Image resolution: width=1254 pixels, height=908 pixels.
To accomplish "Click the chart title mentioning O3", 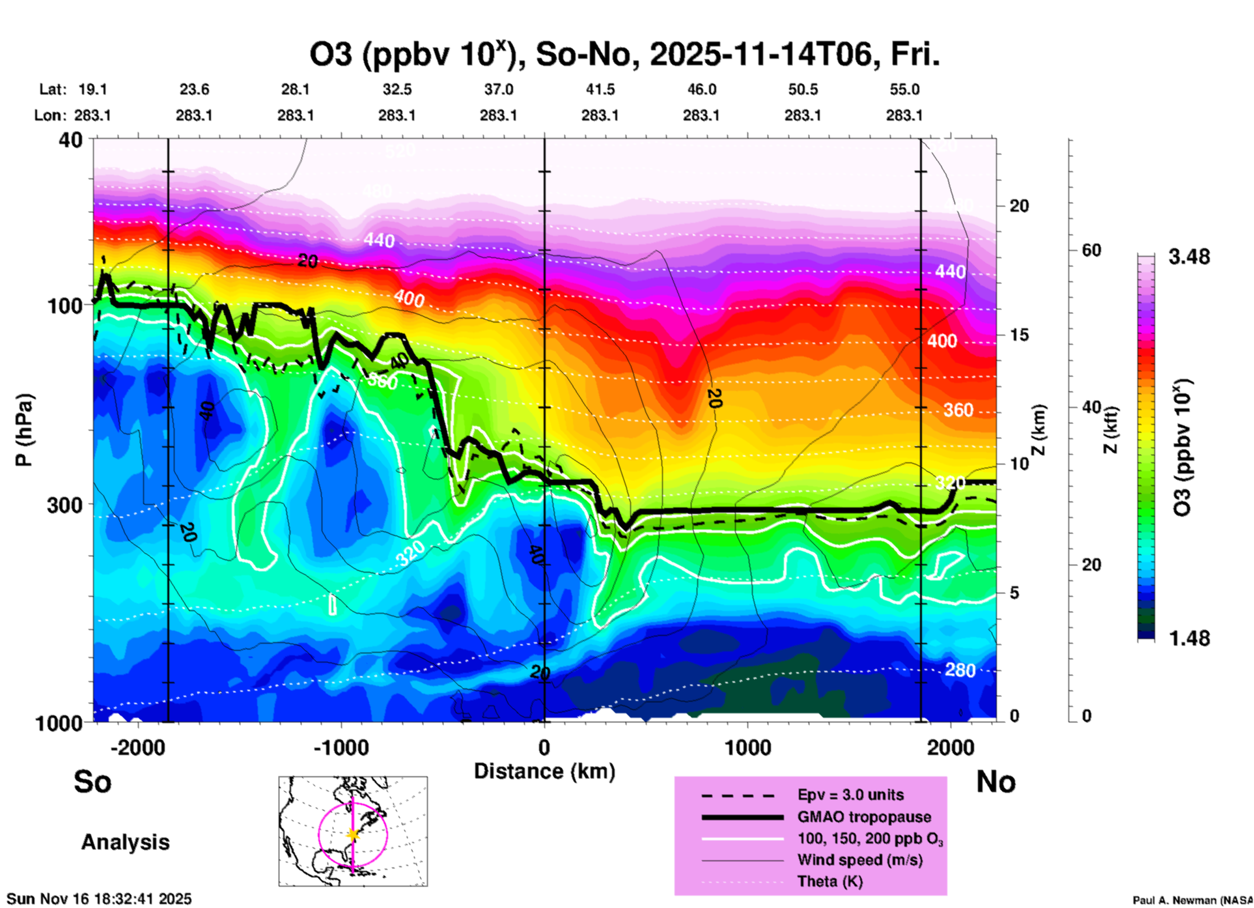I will (x=624, y=55).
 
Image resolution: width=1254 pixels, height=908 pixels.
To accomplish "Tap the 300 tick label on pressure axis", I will (x=65, y=505).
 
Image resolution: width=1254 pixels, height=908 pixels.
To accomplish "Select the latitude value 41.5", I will (x=600, y=89).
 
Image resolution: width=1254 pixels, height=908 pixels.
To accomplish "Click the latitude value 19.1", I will (x=92, y=89).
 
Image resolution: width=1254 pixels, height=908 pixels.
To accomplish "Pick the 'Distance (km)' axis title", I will (x=544, y=771).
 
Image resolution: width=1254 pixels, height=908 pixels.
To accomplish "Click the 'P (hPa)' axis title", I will (x=24, y=429).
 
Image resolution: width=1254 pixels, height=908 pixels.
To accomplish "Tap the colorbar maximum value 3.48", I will (x=1189, y=257).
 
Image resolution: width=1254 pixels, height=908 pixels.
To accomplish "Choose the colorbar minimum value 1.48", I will (x=1189, y=638).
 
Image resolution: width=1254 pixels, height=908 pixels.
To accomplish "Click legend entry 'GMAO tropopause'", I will (x=864, y=817).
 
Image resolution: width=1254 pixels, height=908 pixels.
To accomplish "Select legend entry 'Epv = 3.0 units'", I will (x=850, y=795).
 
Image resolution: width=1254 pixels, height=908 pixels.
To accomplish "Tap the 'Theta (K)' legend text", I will (x=829, y=881).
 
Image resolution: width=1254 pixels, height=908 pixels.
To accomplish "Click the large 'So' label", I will (x=92, y=781).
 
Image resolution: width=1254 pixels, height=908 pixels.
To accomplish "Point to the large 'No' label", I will (x=996, y=781).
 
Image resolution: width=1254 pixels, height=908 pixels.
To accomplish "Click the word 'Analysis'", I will (x=125, y=842).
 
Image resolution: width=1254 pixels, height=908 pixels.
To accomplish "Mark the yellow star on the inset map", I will (x=353, y=834).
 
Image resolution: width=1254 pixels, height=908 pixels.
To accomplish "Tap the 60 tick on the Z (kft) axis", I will (x=1091, y=250).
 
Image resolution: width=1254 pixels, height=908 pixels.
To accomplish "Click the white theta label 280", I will (x=960, y=670).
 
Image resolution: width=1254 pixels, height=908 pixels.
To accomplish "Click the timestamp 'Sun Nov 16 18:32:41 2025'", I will (x=100, y=899).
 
